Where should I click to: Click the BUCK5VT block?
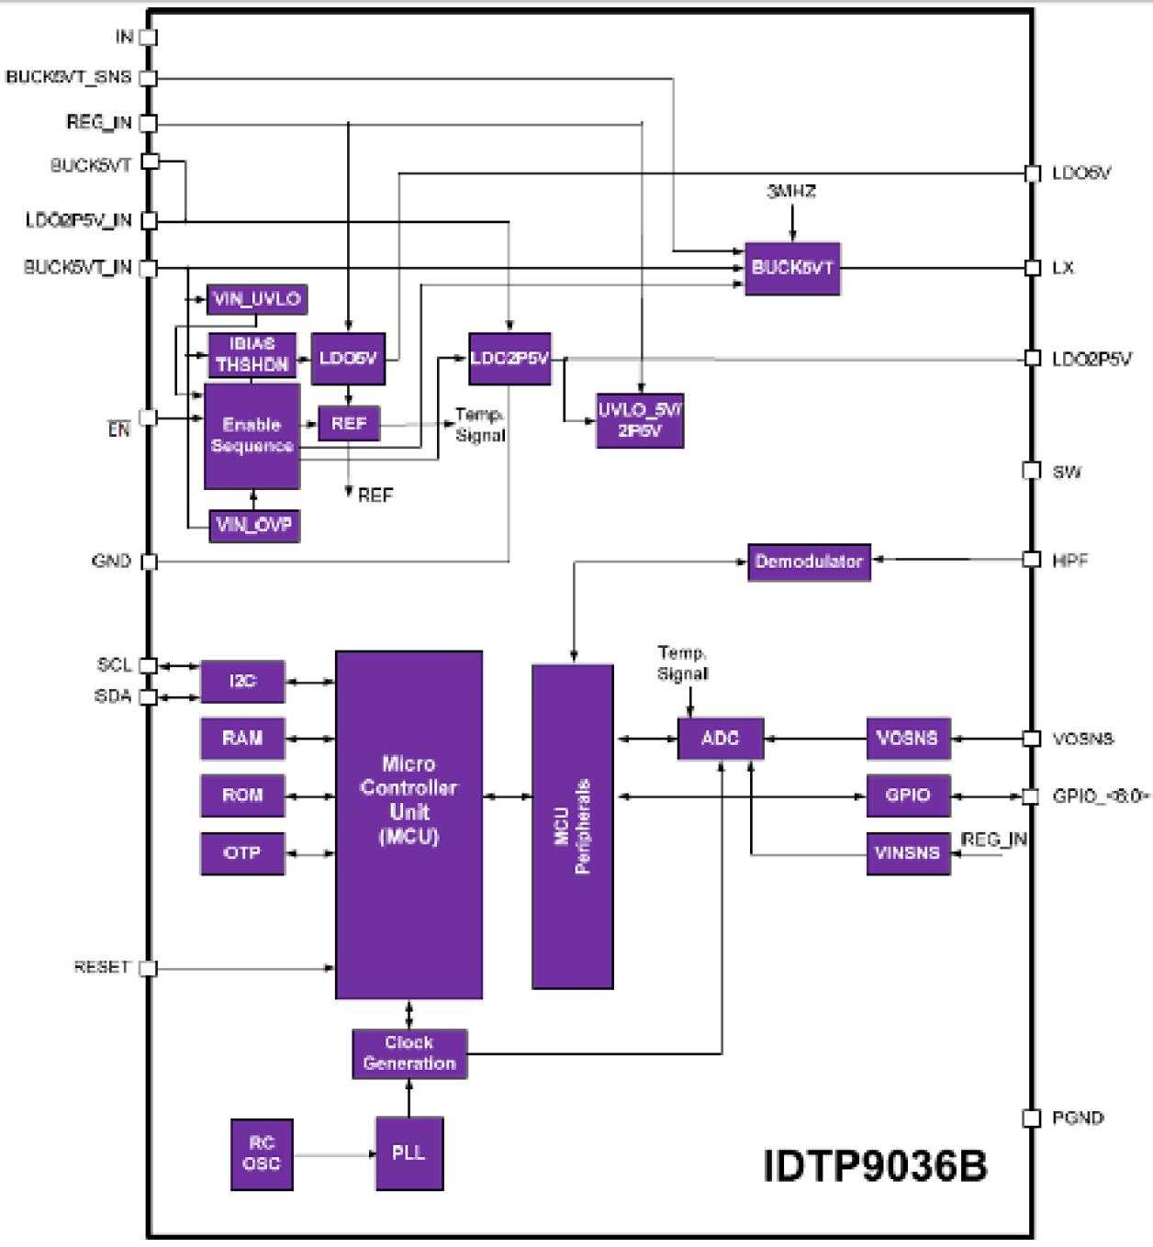[792, 268]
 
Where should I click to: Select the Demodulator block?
[809, 562]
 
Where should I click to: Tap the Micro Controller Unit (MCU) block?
[409, 824]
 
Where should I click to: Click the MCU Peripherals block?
[572, 826]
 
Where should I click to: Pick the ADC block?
[720, 739]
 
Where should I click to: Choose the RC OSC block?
[262, 1153]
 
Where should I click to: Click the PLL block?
[409, 1153]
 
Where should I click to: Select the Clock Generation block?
[409, 1053]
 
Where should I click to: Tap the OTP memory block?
[242, 853]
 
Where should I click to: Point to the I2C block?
[242, 681]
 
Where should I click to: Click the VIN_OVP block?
[254, 526]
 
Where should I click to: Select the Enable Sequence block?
[252, 436]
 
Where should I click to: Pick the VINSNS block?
[908, 853]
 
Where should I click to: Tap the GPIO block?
[908, 796]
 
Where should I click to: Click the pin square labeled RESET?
[148, 968]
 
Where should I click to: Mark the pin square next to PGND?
[1032, 1118]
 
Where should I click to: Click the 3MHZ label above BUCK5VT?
[791, 192]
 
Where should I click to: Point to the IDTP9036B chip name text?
[875, 1166]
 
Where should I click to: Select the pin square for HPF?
[1032, 560]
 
